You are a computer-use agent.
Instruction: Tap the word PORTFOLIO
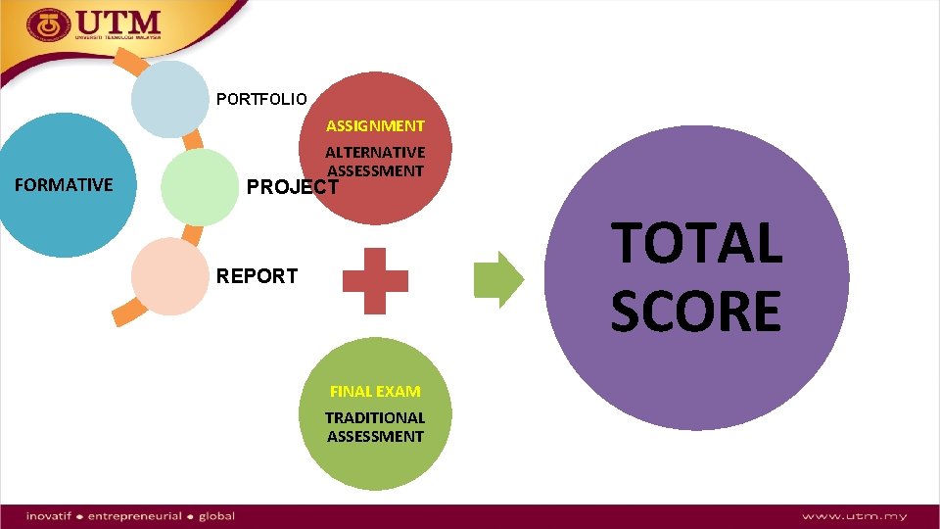point(261,99)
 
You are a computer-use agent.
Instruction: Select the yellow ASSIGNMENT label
point(375,126)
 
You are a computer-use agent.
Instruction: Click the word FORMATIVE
point(65,184)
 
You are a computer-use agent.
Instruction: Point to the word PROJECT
point(292,187)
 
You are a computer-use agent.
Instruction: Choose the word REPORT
point(257,276)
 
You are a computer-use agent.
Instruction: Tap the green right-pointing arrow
point(498,280)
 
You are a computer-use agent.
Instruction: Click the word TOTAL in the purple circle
point(697,243)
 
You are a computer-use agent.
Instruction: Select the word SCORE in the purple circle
point(696,311)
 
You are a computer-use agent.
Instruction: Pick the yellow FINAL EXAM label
point(375,391)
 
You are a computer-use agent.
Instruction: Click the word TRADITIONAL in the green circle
point(375,417)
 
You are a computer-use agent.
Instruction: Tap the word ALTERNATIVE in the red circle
point(375,153)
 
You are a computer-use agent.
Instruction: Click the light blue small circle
point(170,99)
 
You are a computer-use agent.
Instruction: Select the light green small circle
point(199,186)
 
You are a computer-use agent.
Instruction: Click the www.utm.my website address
point(854,516)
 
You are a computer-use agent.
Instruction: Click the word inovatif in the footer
point(53,516)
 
